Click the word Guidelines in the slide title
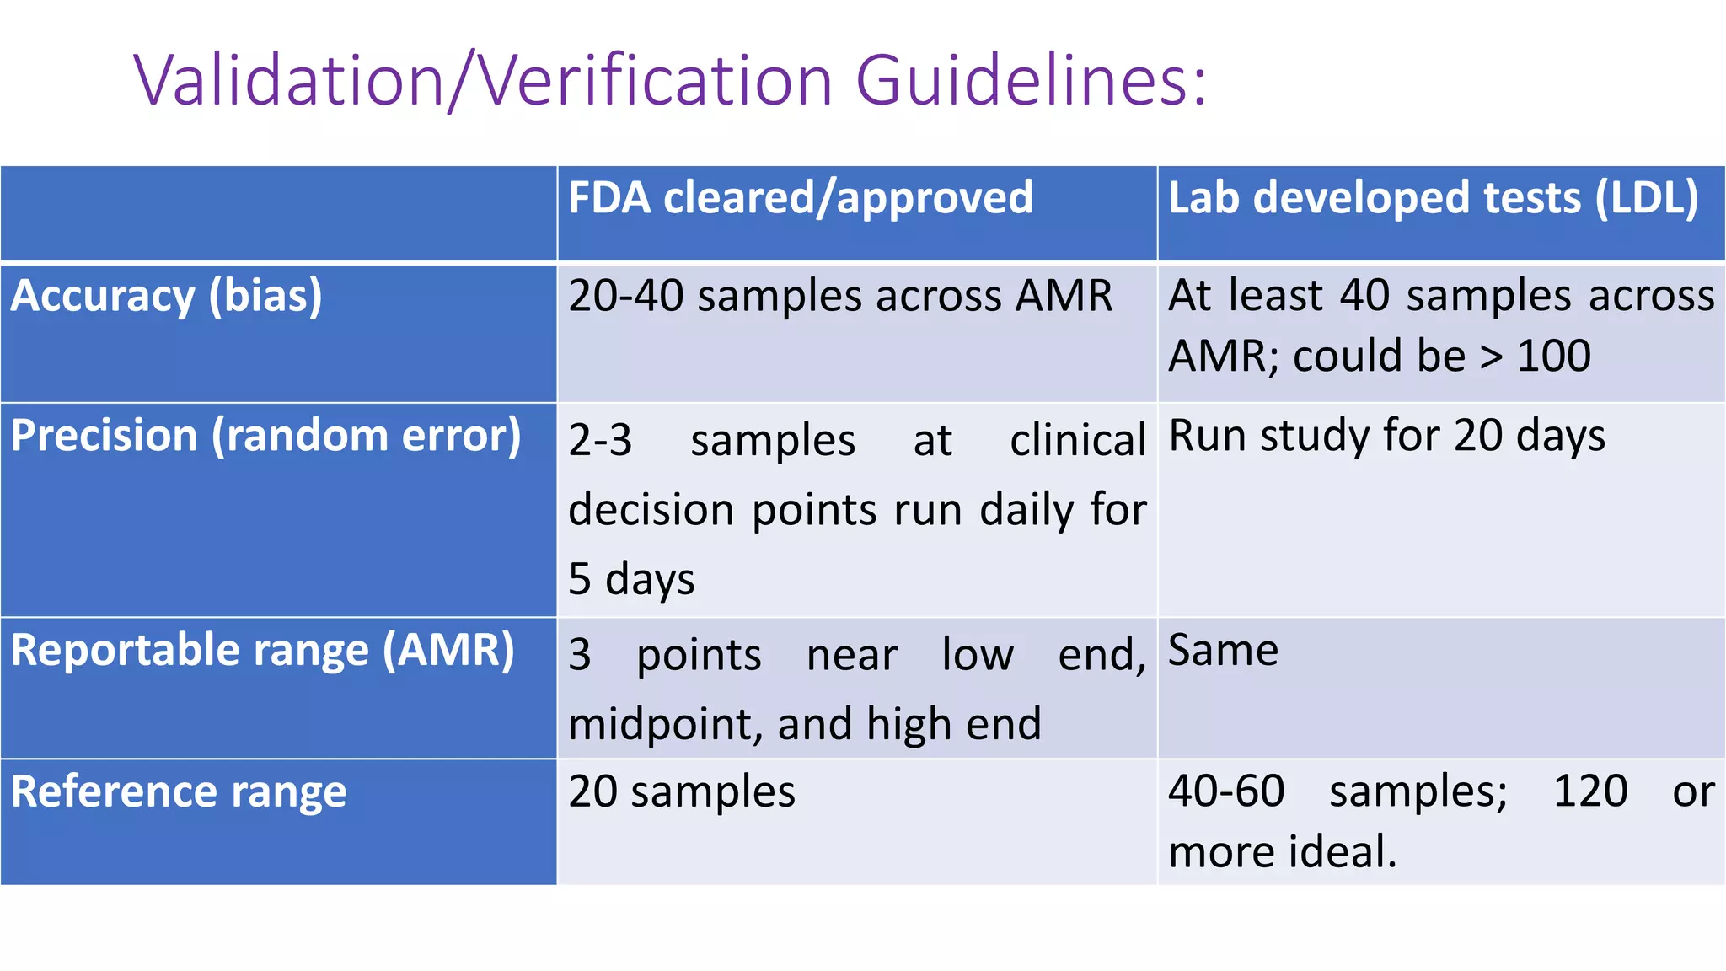[x=1032, y=81]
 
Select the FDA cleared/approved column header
[x=800, y=198]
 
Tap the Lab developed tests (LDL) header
[x=1433, y=198]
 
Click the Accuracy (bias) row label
[x=167, y=297]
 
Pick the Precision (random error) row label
[x=266, y=437]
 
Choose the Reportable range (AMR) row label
[x=263, y=651]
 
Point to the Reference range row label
[x=179, y=792]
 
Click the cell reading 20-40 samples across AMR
[x=840, y=297]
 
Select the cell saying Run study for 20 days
[x=1386, y=437]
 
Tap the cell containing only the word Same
[x=1223, y=651]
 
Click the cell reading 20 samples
[x=682, y=792]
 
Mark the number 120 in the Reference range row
[x=1590, y=792]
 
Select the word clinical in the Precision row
[x=1078, y=441]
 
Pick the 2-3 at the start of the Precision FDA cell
[x=600, y=441]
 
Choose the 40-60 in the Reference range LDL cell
[x=1226, y=792]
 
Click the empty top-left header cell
[x=278, y=213]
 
